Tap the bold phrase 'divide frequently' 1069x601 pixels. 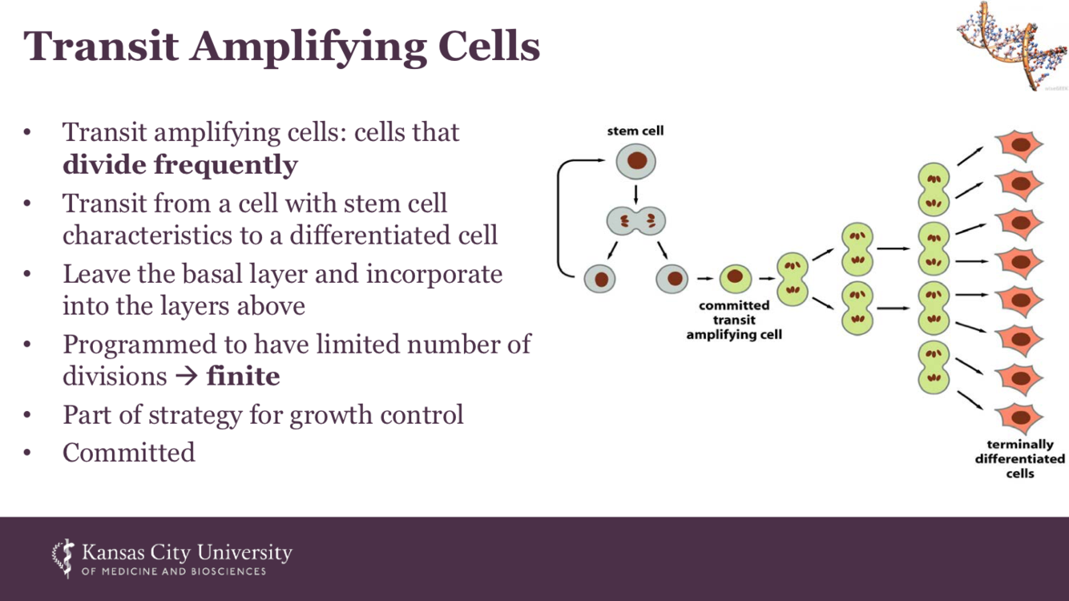[x=180, y=165]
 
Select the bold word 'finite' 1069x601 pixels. [x=244, y=375]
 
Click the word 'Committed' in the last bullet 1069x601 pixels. [x=129, y=452]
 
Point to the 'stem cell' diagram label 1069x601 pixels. [x=635, y=131]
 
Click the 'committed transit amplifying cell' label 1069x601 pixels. [x=734, y=320]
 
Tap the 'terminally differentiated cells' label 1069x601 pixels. [x=1020, y=458]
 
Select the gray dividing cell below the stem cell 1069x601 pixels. [x=636, y=221]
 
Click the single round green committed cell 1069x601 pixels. [x=735, y=279]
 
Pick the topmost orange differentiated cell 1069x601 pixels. [x=1019, y=147]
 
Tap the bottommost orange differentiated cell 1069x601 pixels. [x=1019, y=417]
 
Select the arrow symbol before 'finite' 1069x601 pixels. [x=185, y=376]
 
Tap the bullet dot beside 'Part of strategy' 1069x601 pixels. [x=27, y=415]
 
